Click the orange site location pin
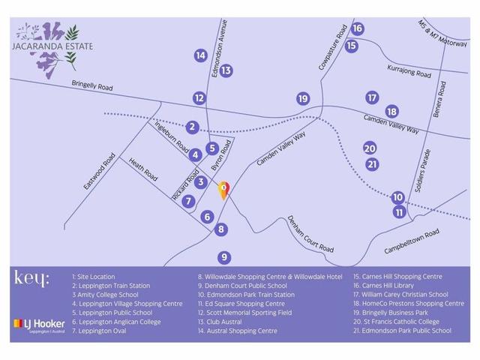(223, 190)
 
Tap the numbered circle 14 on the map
(200, 55)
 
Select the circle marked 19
(303, 99)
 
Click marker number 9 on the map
(224, 256)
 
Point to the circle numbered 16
(357, 28)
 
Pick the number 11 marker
(400, 212)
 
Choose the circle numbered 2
(193, 127)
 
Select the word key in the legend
(31, 278)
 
